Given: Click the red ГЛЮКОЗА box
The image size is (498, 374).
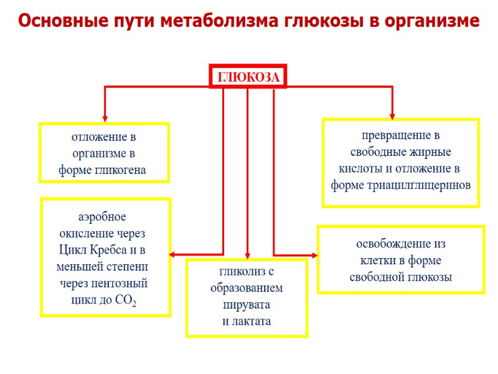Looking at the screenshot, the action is (248, 77).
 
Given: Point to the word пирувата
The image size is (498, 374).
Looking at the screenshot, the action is (247, 305).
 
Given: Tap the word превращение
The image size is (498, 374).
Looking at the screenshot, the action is (401, 135).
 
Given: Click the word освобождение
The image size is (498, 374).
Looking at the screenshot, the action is (401, 244).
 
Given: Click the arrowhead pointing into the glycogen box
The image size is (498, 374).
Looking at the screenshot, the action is (105, 118).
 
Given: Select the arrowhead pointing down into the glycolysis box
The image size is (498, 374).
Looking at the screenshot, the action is (248, 256).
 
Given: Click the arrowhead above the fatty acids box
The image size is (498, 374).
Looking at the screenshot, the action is (392, 115).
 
